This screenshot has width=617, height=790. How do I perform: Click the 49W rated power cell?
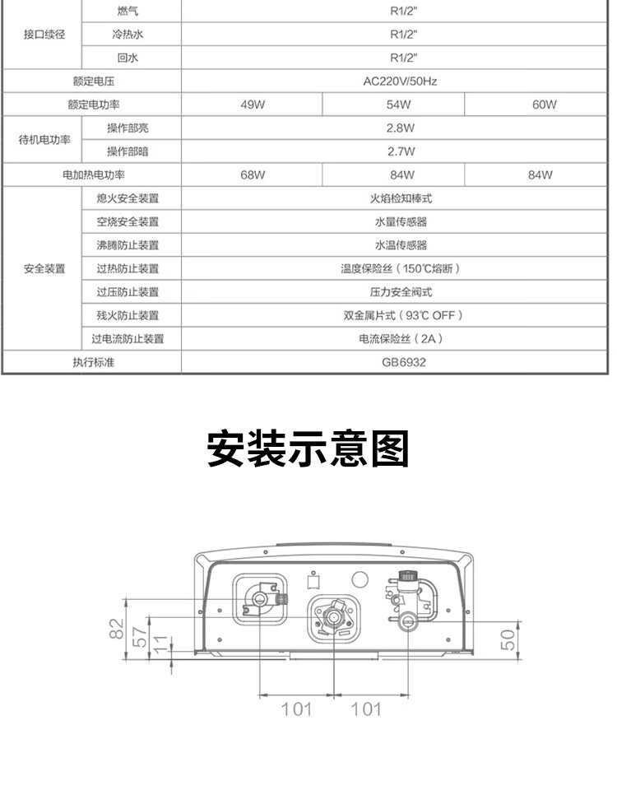pyautogui.click(x=252, y=105)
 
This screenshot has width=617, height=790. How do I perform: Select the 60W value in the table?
pyautogui.click(x=544, y=105)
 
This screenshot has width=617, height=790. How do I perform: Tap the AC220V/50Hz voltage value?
pyautogui.click(x=400, y=81)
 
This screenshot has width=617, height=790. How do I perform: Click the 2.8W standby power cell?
pyautogui.click(x=400, y=128)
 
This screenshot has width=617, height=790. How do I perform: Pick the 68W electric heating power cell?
pyautogui.click(x=252, y=175)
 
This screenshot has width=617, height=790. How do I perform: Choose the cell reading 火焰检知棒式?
pyautogui.click(x=401, y=198)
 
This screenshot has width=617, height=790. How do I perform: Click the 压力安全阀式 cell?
pyautogui.click(x=401, y=292)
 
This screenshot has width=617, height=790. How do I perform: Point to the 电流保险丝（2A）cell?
pyautogui.click(x=401, y=338)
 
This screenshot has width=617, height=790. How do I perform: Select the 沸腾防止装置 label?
pyautogui.click(x=128, y=245)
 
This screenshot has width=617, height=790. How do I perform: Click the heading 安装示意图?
pyautogui.click(x=308, y=449)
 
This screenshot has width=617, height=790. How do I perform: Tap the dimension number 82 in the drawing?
pyautogui.click(x=116, y=630)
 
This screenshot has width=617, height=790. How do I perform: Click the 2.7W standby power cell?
pyautogui.click(x=400, y=151)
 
